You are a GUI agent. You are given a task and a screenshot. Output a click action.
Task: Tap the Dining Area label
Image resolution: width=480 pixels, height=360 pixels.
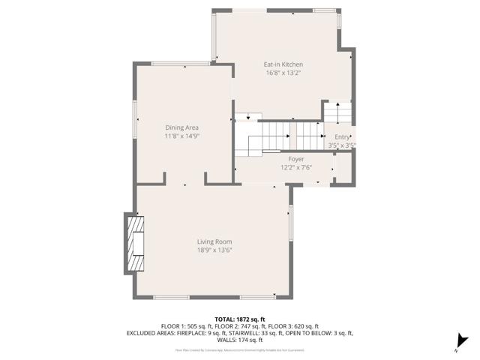click(x=181, y=128)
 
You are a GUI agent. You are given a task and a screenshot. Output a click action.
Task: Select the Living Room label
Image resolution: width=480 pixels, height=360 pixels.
click(x=214, y=241)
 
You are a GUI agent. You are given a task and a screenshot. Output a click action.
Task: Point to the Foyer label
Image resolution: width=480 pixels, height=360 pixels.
click(x=295, y=160)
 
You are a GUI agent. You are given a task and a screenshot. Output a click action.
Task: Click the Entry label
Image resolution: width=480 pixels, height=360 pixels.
click(x=342, y=137)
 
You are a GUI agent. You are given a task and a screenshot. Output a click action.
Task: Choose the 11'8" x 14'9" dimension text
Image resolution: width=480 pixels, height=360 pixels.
click(x=181, y=137)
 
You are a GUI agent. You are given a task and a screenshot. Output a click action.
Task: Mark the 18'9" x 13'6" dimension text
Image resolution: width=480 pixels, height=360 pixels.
click(x=214, y=250)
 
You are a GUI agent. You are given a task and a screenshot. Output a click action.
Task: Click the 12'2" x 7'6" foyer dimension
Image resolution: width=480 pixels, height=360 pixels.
click(x=295, y=168)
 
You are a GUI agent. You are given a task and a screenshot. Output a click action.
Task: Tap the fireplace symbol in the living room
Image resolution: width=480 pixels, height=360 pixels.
click(x=135, y=244)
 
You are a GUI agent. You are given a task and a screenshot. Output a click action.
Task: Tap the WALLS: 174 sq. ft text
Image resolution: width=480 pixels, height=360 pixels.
click(x=239, y=340)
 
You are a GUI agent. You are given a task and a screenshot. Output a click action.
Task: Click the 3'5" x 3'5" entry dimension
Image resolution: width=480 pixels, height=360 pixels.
click(x=342, y=145)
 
